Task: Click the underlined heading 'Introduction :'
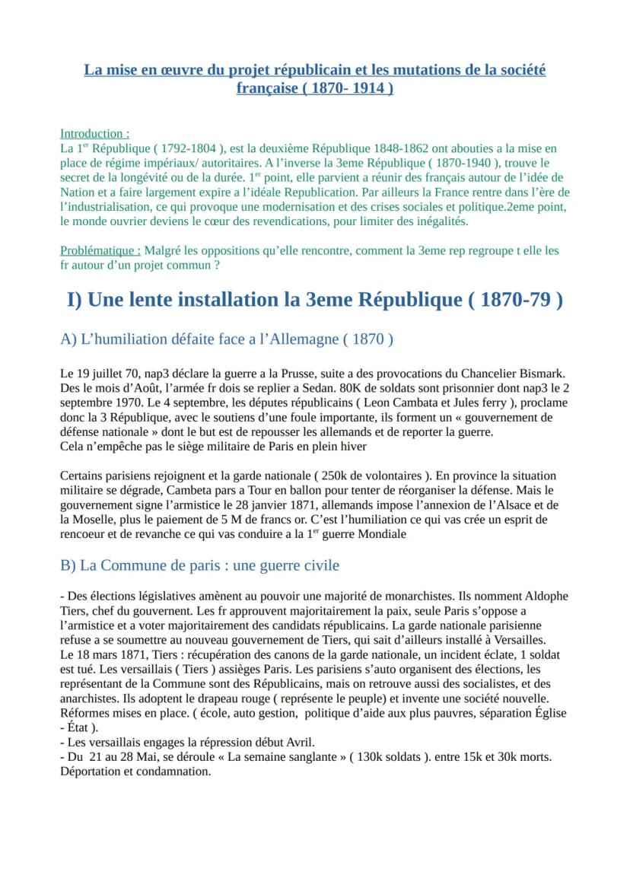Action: click(94, 133)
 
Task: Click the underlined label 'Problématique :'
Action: click(100, 250)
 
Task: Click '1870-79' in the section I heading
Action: click(514, 300)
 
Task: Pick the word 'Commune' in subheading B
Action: click(129, 565)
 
